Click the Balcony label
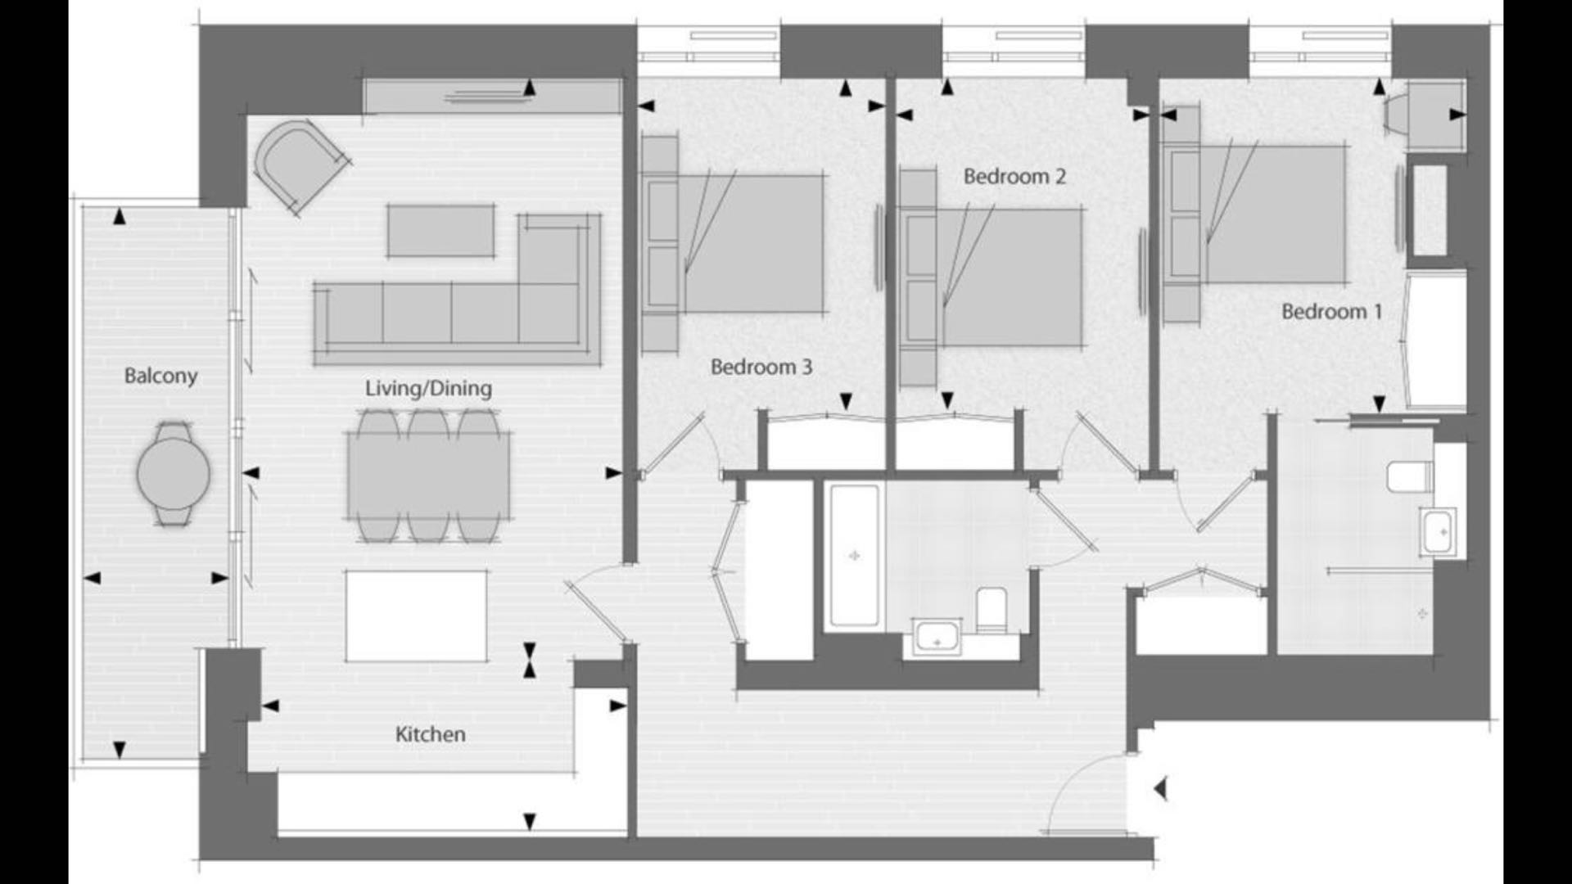tap(160, 376)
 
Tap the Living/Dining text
tap(428, 388)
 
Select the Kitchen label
tap(430, 734)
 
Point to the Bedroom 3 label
tap(761, 367)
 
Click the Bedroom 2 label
tap(1014, 176)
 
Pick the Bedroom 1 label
tap(1331, 311)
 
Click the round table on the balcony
tap(173, 472)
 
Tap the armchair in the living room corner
tap(300, 165)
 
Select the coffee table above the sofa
tap(440, 230)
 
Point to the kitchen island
tap(416, 616)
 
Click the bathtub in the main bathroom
tap(855, 556)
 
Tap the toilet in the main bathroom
tap(992, 608)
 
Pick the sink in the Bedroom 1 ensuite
tap(1439, 532)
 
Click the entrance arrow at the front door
tap(1159, 789)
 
